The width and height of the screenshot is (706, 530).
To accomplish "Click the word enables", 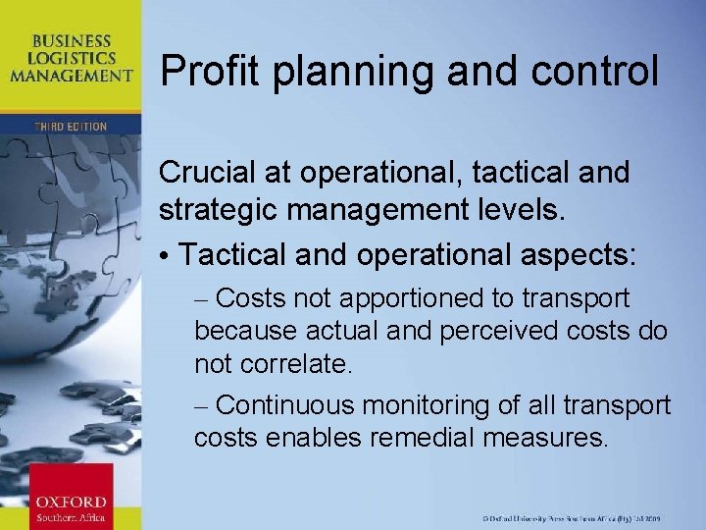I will (x=316, y=437).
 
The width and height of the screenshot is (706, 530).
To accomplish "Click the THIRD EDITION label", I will (x=70, y=127).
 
